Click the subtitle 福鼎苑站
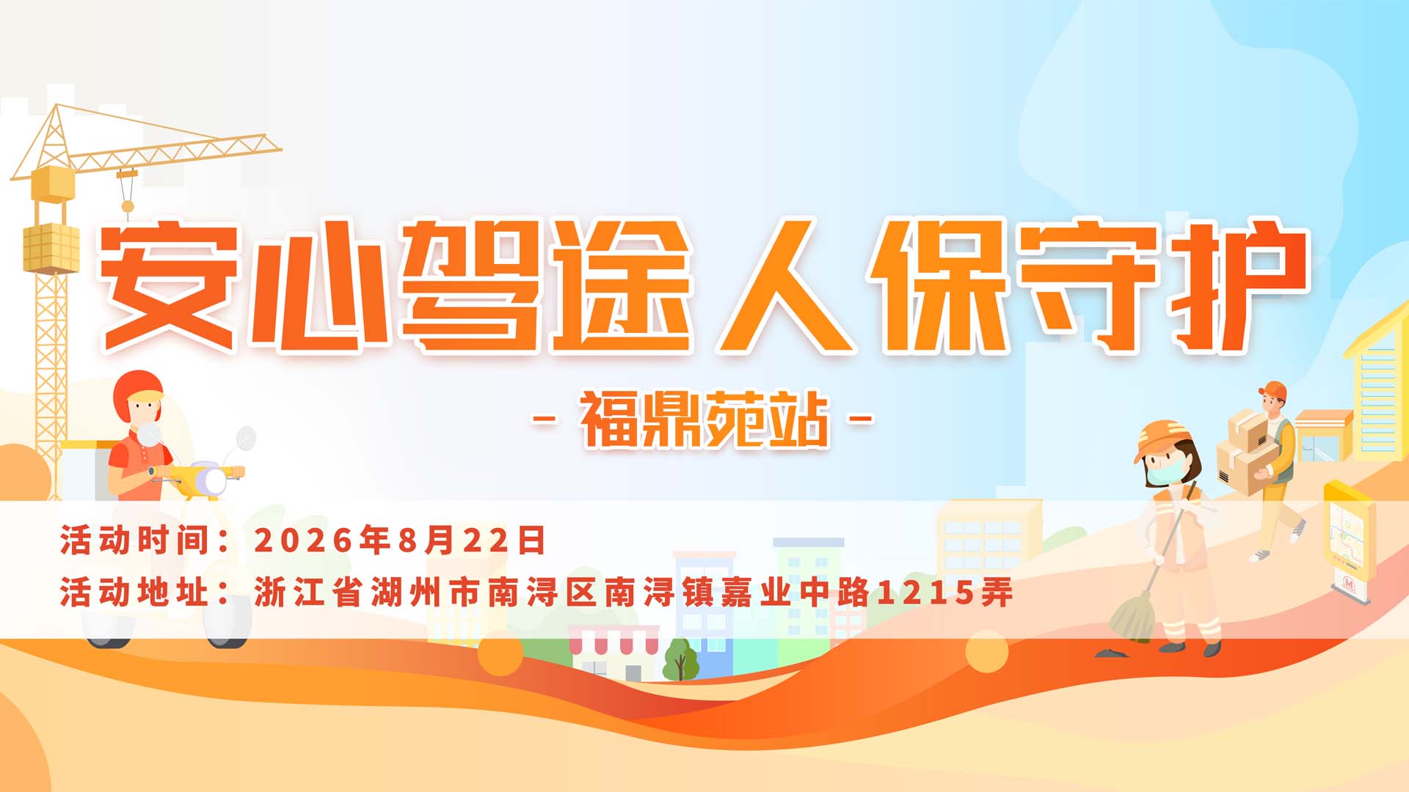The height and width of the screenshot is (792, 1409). [704, 419]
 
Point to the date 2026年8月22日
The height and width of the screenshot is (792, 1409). [399, 540]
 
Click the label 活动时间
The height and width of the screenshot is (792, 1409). [136, 540]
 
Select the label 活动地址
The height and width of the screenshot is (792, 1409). [136, 592]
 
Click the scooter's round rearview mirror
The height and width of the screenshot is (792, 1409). [246, 439]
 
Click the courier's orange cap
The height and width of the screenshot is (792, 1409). [1273, 389]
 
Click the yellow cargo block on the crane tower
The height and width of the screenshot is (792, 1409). [51, 247]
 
